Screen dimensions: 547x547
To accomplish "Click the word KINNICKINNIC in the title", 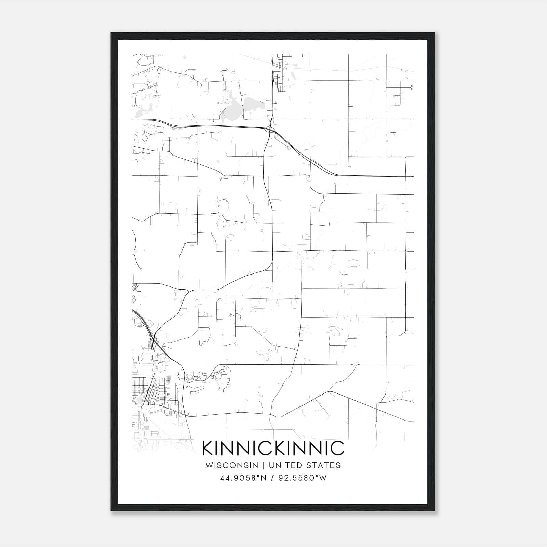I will click(273, 448).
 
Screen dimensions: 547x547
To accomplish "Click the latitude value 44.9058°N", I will click(243, 478).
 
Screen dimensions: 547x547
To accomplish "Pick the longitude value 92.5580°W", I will click(303, 478).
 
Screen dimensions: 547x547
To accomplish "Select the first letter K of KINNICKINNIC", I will click(208, 448).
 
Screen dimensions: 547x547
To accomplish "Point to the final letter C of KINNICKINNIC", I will click(337, 448).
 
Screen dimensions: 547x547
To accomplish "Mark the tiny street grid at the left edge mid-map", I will click(136, 287).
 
